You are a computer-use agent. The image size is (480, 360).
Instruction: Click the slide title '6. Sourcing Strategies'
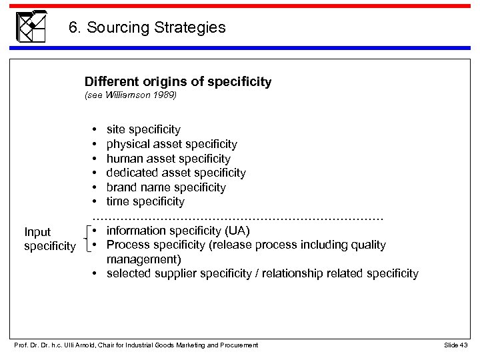(147, 28)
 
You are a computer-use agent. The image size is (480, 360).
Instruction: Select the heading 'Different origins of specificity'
(178, 82)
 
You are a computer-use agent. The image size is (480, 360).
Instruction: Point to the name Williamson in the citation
(127, 95)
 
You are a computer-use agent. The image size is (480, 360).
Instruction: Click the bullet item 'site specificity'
(143, 129)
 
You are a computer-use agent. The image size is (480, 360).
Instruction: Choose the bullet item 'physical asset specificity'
(171, 143)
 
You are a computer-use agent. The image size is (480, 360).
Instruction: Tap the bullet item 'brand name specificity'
(166, 187)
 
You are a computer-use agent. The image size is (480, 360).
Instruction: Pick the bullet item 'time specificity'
(145, 201)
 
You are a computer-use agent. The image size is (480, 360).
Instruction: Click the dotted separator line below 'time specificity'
(238, 217)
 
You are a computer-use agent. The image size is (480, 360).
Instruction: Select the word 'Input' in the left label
(37, 232)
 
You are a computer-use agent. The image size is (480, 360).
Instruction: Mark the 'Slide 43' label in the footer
(456, 344)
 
